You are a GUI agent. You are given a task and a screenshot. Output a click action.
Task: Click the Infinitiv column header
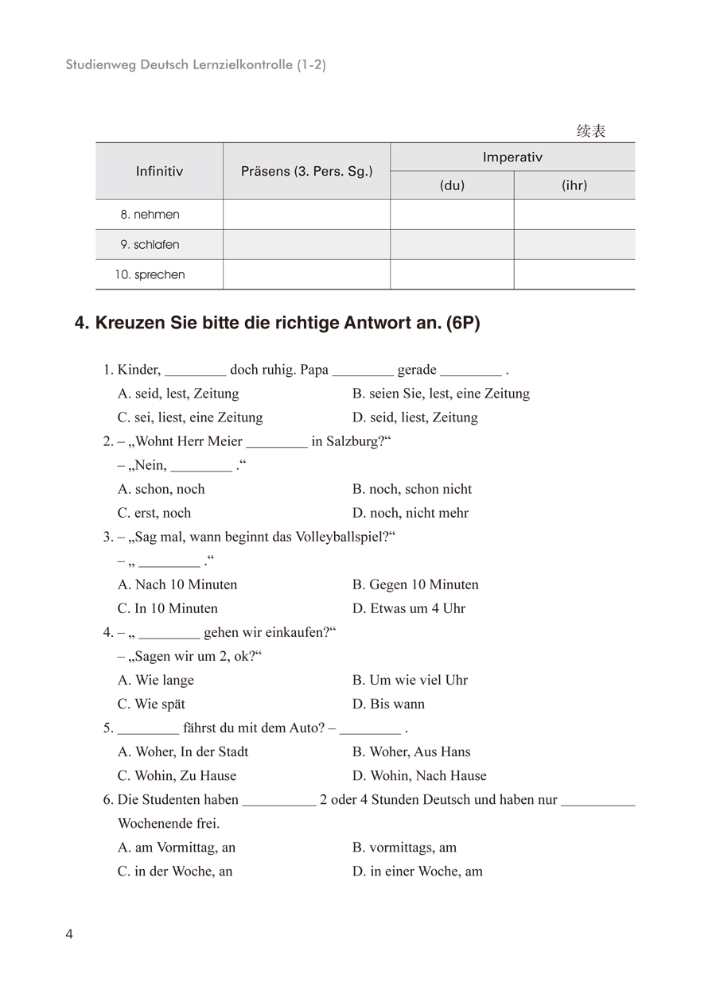tap(159, 171)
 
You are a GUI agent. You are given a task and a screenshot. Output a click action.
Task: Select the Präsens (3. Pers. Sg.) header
tap(306, 171)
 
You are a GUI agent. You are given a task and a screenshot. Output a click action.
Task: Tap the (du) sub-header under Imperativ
tap(452, 185)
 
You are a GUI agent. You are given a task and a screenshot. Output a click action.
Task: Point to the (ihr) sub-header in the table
tap(574, 185)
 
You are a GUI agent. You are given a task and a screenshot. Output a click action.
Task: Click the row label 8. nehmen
tap(150, 215)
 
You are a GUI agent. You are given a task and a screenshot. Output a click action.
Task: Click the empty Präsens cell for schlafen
tap(306, 245)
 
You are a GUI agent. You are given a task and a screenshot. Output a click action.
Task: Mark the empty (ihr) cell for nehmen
tap(574, 215)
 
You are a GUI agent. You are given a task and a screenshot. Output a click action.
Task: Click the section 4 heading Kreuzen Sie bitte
tap(277, 324)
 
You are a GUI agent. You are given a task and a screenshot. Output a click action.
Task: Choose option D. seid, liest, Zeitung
tap(415, 417)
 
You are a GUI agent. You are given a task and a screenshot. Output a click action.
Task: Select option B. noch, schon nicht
tap(412, 489)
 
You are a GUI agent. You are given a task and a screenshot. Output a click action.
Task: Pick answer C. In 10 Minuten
tap(168, 608)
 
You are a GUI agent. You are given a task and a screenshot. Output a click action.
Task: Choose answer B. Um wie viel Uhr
tap(410, 680)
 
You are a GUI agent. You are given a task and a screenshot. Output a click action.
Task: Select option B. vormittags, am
tap(404, 848)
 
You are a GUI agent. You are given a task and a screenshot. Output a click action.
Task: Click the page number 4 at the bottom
tap(69, 934)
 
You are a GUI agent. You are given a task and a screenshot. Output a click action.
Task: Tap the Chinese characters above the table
tap(590, 131)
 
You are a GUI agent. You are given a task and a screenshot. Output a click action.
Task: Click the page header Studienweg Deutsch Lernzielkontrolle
tap(196, 65)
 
